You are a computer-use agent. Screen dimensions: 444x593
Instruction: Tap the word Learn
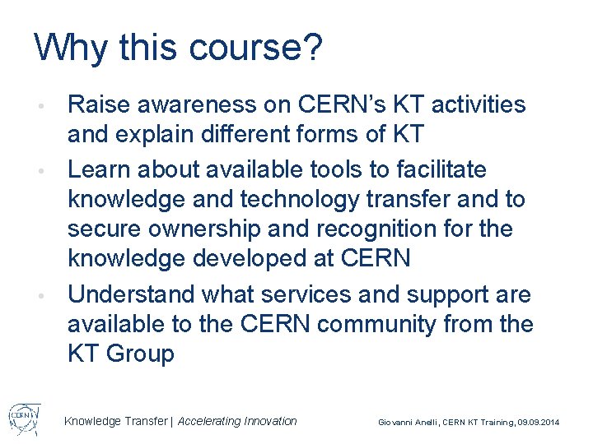coord(96,170)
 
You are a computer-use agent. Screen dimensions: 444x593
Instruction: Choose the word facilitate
coord(438,170)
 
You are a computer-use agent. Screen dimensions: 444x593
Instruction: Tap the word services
coord(308,294)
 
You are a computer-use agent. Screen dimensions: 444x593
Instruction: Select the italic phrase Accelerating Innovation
coord(237,421)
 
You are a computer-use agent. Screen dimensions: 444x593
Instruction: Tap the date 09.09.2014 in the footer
coord(538,422)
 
